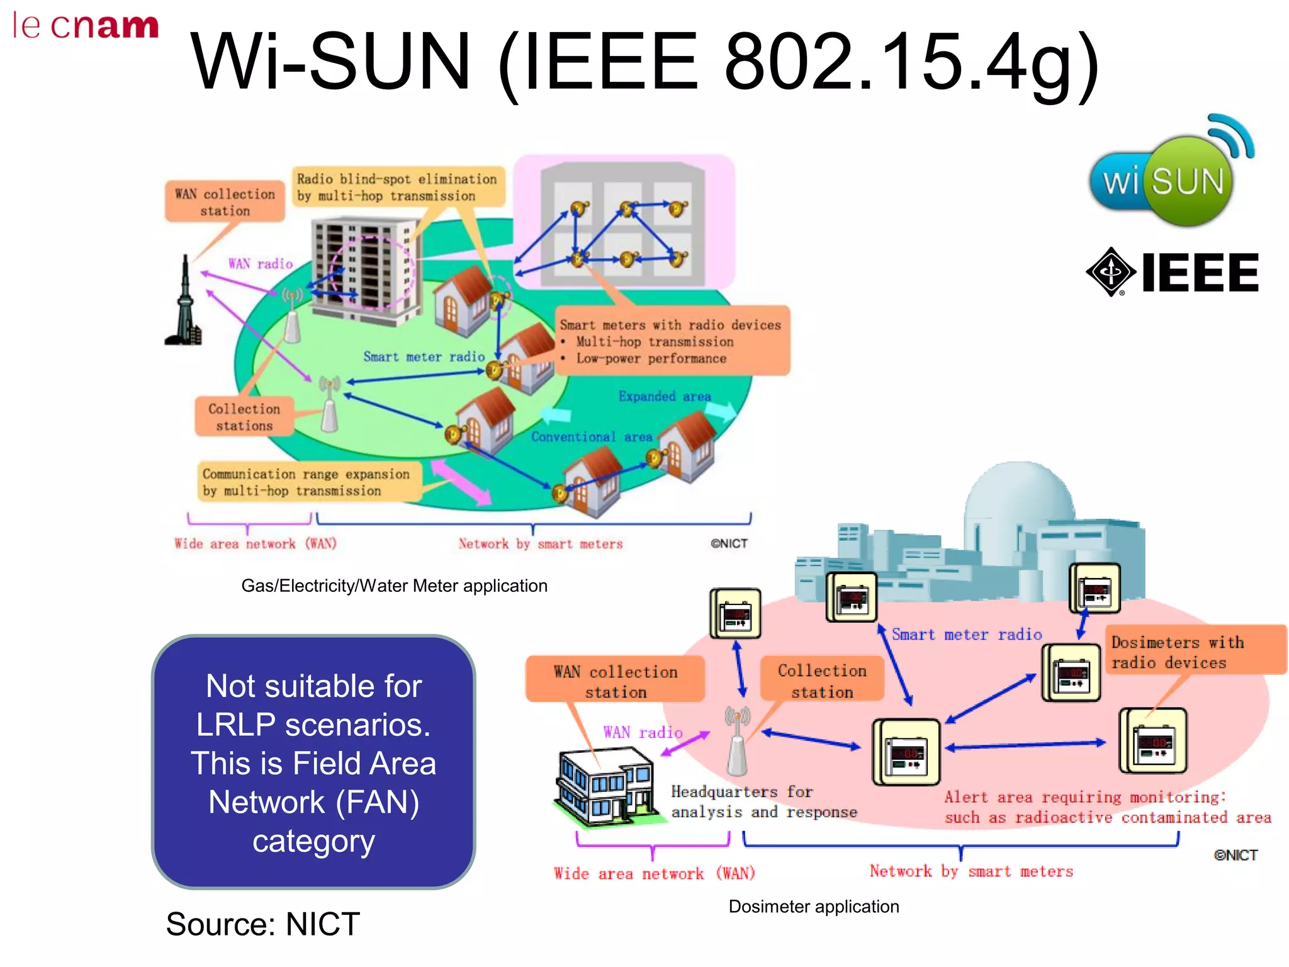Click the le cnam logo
click(86, 26)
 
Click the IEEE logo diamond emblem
click(1111, 272)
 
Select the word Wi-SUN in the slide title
click(330, 62)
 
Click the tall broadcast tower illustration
click(184, 302)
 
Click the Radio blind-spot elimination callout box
click(397, 187)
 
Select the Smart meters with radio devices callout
click(671, 341)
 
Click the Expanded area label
click(665, 397)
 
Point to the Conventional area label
click(592, 437)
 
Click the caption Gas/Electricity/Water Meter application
click(394, 585)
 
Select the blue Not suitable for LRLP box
click(313, 762)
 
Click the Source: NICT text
click(263, 924)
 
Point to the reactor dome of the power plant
click(1020, 497)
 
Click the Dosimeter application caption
click(813, 907)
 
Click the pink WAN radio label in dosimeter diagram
click(642, 732)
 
